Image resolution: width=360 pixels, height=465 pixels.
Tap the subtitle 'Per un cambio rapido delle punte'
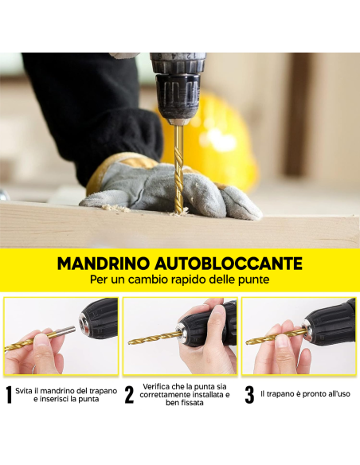pos(180,281)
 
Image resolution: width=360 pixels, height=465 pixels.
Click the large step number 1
pos(9,396)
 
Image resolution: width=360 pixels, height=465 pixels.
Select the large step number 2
pos(129,396)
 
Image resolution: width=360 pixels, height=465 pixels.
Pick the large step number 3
pos(249,396)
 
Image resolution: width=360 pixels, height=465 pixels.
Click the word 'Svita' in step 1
pos(25,391)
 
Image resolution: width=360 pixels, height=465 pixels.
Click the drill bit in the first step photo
pos(32,342)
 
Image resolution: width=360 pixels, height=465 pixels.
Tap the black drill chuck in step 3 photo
pos(328,322)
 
